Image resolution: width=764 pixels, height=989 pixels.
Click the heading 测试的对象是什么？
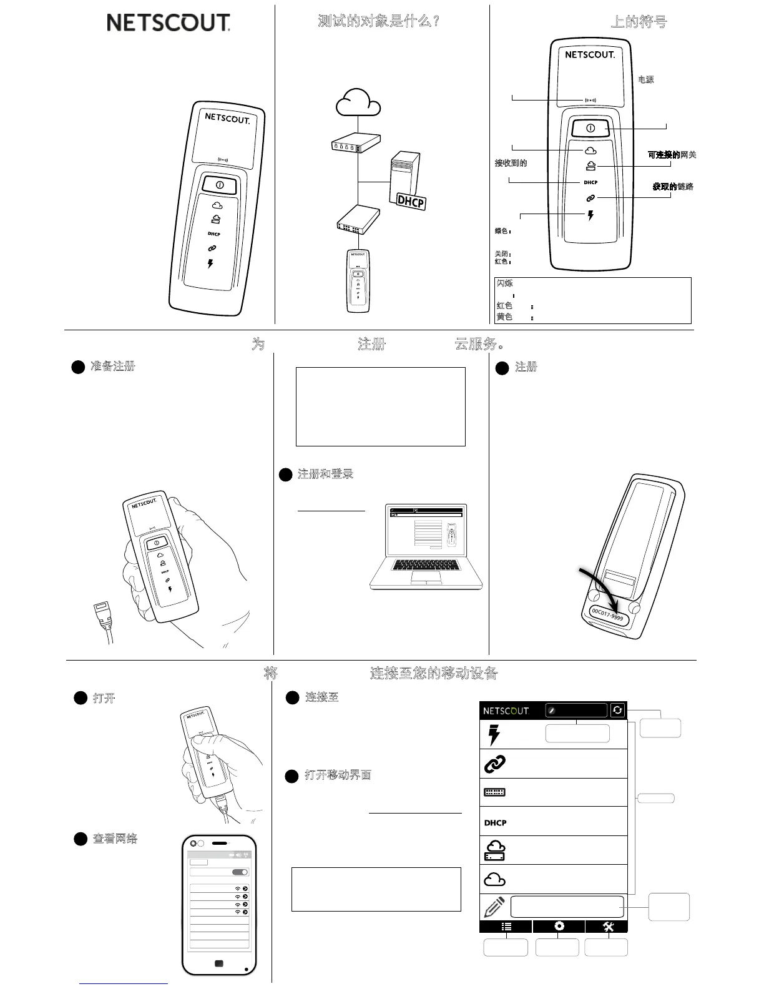coord(379,21)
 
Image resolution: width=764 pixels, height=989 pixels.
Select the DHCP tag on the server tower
coord(411,201)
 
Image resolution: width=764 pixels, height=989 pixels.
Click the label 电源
coord(645,80)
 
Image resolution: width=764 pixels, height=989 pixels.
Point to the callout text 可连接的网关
coord(672,155)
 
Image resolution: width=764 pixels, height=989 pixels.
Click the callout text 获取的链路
coord(673,187)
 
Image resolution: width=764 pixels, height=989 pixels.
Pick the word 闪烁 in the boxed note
coord(504,283)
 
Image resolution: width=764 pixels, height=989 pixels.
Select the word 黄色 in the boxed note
coord(504,317)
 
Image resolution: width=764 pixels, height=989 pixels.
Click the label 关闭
coord(502,254)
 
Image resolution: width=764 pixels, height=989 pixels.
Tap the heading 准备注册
coord(112,367)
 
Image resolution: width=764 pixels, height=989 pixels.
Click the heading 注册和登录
coord(325,474)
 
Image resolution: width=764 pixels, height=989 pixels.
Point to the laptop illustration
coord(426,547)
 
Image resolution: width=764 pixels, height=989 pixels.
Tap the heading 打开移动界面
coord(338,775)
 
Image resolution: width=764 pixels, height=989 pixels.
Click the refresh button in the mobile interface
coord(617,710)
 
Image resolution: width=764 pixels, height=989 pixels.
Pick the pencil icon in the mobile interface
coord(494,907)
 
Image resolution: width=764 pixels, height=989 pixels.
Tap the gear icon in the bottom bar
coord(559,927)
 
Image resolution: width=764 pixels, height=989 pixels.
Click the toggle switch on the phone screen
coord(240,872)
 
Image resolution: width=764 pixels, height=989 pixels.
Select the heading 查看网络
coord(115,839)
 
